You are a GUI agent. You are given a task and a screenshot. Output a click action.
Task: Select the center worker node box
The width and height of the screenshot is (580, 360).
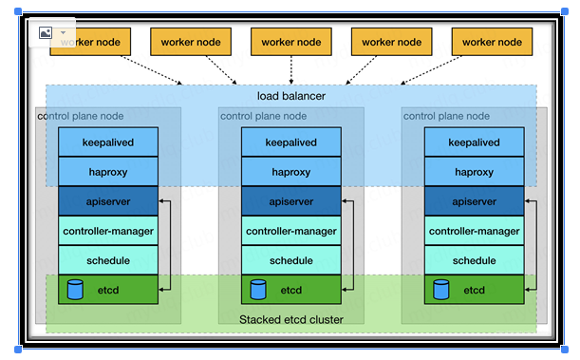tap(290, 42)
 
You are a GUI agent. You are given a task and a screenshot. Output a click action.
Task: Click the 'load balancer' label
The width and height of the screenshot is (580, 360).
tap(290, 96)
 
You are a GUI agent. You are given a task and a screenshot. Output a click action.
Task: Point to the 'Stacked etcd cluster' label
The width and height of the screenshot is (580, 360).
tap(290, 319)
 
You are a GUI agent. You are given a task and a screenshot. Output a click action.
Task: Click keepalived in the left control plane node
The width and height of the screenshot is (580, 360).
tap(106, 142)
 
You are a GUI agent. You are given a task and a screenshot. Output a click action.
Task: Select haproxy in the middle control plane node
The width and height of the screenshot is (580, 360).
tap(290, 172)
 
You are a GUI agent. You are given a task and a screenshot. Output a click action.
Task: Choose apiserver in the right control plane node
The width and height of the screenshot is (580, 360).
tap(473, 201)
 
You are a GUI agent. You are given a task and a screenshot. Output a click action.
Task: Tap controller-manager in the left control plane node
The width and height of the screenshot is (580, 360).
tap(106, 231)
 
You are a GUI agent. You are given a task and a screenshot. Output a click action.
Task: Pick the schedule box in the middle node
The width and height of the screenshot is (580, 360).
tap(290, 260)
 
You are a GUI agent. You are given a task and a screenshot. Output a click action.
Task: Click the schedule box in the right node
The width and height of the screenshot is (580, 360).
tap(473, 260)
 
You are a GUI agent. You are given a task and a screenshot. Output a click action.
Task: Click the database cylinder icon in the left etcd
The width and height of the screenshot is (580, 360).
tap(75, 289)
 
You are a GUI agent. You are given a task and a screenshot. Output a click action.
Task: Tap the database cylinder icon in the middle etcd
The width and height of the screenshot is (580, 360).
tap(258, 289)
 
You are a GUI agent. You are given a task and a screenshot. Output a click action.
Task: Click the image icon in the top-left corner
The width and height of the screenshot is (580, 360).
tap(45, 32)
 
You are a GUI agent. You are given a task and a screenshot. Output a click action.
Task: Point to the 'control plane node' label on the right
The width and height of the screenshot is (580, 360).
tap(446, 116)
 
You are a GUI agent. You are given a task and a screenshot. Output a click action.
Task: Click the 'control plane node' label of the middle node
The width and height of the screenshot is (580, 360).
tap(263, 116)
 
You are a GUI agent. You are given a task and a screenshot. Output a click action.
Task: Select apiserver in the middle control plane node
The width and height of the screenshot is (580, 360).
tap(290, 201)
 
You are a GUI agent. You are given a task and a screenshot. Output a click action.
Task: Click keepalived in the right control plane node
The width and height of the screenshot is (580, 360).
tap(473, 142)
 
